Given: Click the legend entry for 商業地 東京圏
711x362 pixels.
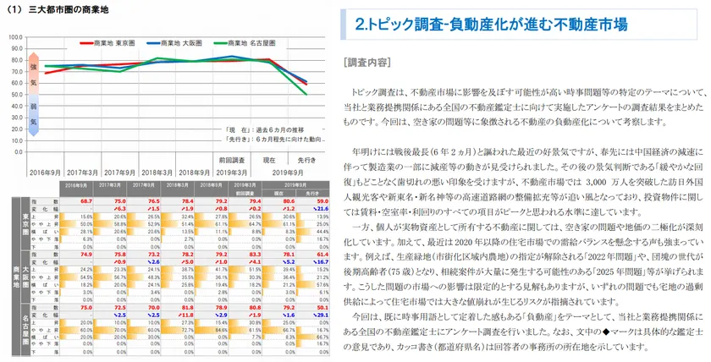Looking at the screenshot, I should [107, 41].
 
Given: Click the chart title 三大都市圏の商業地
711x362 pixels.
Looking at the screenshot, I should [68, 10].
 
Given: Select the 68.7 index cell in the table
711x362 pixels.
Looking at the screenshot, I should [85, 200].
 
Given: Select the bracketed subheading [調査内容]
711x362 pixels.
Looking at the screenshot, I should [367, 63].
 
